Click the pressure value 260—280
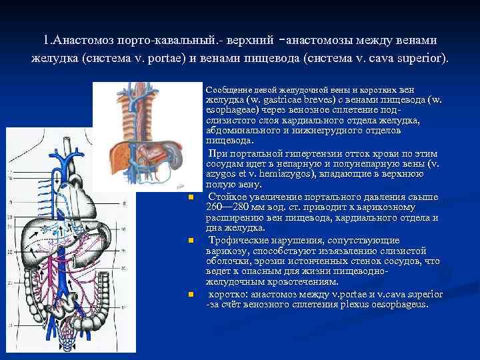226,207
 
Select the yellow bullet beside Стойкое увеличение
189,197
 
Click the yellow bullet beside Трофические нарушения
189,240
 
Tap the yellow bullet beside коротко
189,293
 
